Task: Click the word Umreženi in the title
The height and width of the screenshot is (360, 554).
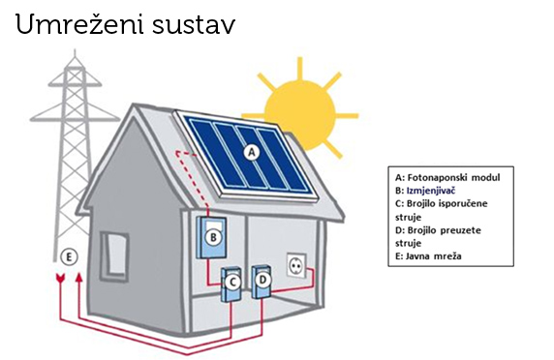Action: (x=76, y=26)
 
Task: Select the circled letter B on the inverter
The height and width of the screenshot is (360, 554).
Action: (x=215, y=234)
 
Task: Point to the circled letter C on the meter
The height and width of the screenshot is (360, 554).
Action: (x=233, y=282)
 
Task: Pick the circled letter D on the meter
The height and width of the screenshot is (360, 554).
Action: (x=262, y=281)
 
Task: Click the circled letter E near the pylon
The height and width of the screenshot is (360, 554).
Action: (x=68, y=256)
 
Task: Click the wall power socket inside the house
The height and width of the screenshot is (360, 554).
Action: (x=296, y=265)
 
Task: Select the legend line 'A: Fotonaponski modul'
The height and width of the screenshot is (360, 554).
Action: (x=447, y=178)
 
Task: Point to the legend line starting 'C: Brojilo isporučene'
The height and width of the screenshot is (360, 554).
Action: (x=446, y=204)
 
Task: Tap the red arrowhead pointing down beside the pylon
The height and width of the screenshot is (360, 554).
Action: (x=63, y=281)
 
